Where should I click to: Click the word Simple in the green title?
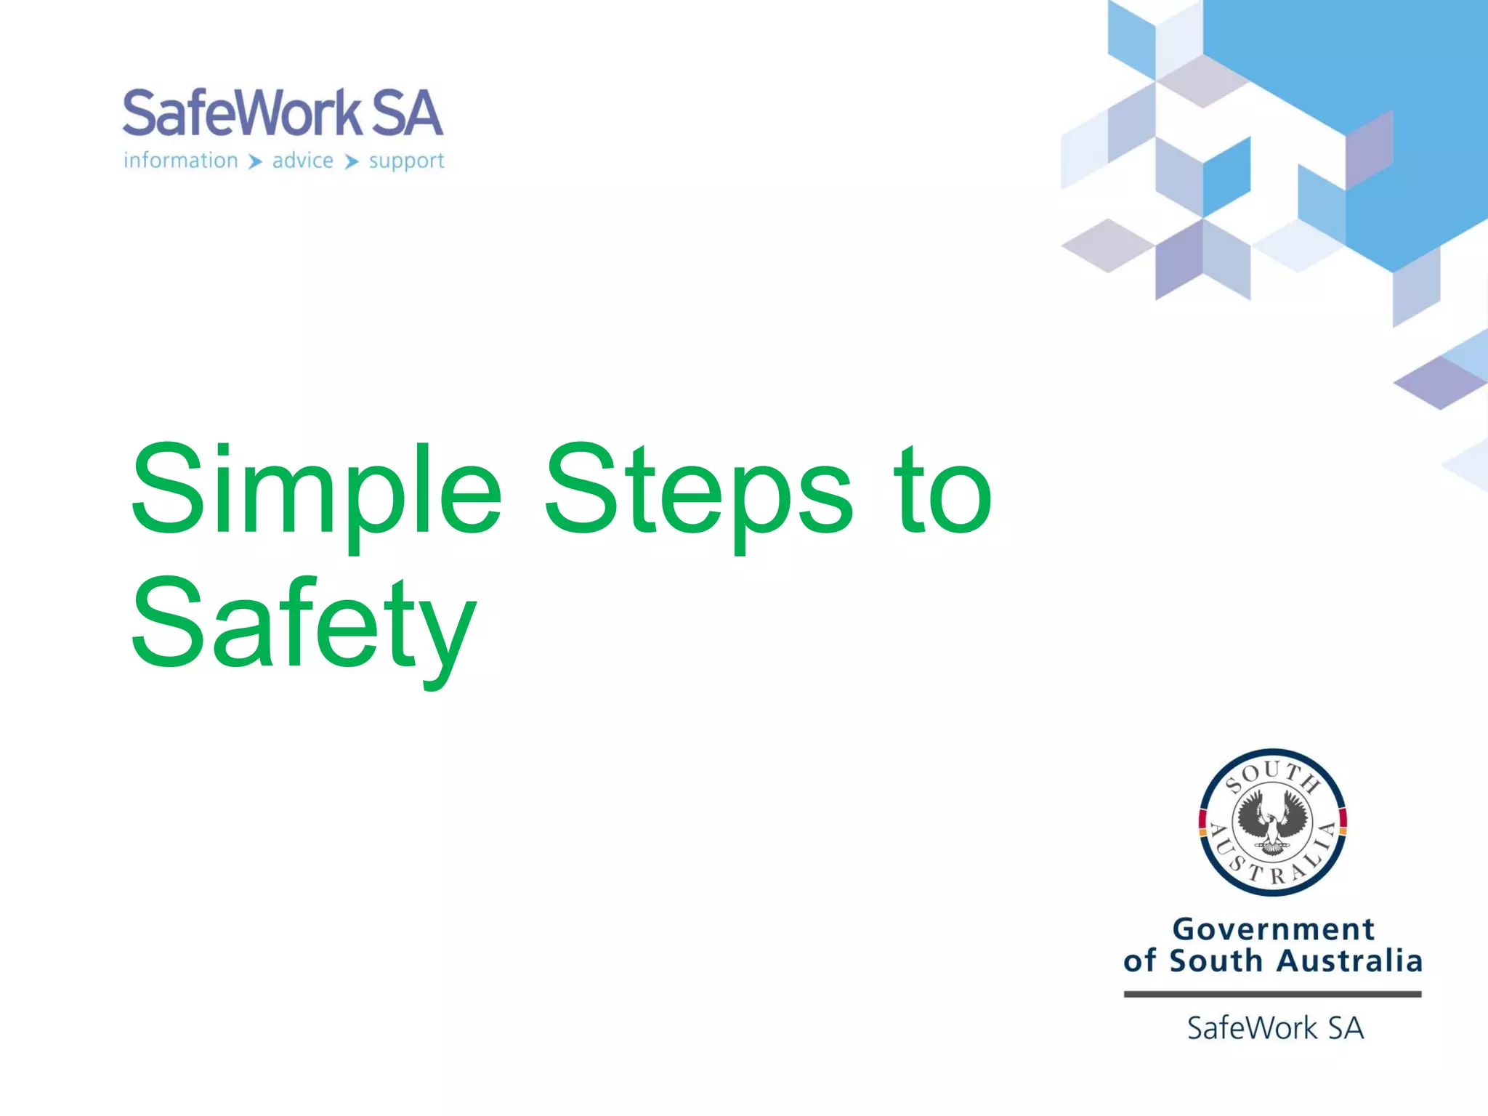coord(316,490)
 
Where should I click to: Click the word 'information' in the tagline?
coord(181,161)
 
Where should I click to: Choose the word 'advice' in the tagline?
coord(303,161)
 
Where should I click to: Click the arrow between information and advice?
coord(255,161)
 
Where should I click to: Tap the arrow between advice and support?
coord(352,161)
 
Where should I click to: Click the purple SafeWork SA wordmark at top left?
coord(282,113)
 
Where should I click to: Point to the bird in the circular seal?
coord(1273,821)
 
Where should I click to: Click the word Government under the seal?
coord(1274,929)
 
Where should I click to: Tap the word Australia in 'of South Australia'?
coord(1349,961)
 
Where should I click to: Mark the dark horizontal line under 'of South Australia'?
coord(1272,994)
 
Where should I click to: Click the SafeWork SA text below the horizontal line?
coord(1275,1028)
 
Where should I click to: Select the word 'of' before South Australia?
coord(1139,961)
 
